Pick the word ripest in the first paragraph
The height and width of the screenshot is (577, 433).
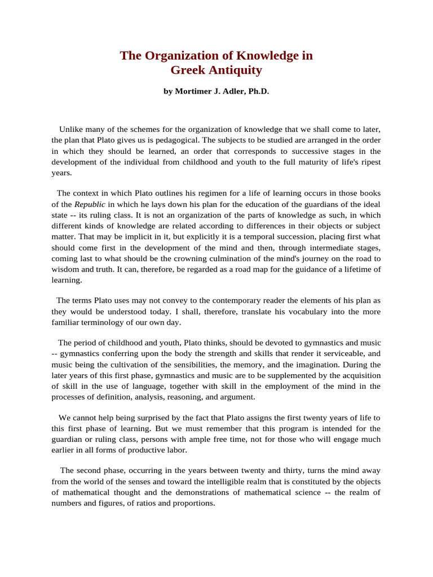tap(369, 162)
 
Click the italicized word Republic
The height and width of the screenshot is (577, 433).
tap(90, 204)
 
